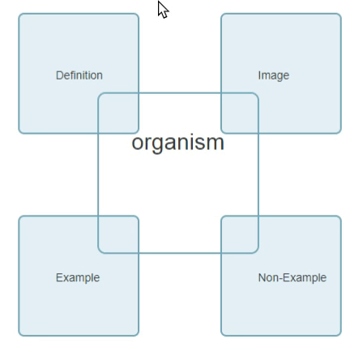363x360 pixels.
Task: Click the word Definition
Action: (79, 75)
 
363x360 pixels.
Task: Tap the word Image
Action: (274, 76)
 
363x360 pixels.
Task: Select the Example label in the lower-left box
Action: (78, 278)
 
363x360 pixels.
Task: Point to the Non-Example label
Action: (293, 278)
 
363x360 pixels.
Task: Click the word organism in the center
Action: (178, 144)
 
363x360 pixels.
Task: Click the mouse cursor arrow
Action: (163, 9)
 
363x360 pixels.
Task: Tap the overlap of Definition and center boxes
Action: (118, 113)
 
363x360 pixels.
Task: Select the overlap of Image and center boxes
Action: (240, 113)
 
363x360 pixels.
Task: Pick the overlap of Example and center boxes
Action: (118, 234)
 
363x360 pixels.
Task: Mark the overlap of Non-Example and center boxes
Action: (240, 234)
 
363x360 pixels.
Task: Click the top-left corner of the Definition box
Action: (19, 14)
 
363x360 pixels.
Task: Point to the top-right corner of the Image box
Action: (341, 14)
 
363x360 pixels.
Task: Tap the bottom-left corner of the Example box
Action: (19, 336)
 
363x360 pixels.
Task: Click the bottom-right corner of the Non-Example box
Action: (341, 336)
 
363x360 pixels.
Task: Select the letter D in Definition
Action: (59, 75)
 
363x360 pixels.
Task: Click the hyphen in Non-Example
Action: (280, 279)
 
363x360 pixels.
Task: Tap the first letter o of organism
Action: (137, 144)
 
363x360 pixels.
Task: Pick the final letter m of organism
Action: (216, 143)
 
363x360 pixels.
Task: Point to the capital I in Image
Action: (259, 75)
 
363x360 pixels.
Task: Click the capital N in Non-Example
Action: (262, 277)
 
